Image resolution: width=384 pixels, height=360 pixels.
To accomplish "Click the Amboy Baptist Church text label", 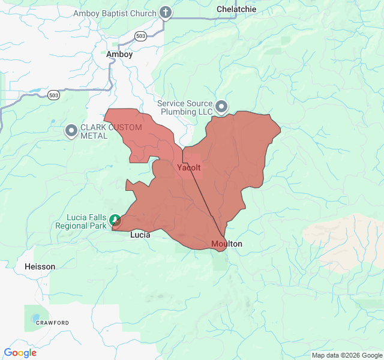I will [x=113, y=13].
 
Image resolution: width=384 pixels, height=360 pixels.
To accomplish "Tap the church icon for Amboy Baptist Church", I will [x=166, y=13].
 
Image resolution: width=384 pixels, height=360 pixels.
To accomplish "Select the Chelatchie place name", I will [x=236, y=9].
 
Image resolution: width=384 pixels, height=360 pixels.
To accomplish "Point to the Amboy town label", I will [x=119, y=54].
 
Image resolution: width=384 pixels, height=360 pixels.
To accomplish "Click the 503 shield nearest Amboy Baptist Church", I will [x=140, y=35].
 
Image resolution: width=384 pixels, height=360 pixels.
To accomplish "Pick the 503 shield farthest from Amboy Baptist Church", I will [x=54, y=95].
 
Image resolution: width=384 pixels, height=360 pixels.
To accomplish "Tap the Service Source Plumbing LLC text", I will [x=185, y=107].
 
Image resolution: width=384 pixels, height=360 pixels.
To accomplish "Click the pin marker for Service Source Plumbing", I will [x=222, y=107].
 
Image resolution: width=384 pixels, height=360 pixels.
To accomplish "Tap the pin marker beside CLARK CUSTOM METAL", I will [x=71, y=130].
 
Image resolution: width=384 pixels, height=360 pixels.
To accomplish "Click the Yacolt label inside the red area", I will [x=189, y=168].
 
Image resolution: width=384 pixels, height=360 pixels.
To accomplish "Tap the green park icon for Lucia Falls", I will [x=115, y=220].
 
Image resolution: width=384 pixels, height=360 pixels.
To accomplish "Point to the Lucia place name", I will [x=140, y=235].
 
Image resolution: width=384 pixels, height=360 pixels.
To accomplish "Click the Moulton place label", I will [x=227, y=244].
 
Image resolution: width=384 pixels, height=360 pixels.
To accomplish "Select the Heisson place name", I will [x=40, y=266].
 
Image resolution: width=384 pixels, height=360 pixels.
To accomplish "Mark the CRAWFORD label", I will [x=52, y=323].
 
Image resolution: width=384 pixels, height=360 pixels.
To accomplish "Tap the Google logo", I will [x=20, y=353].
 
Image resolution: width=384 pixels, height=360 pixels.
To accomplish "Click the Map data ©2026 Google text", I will [x=346, y=355].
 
